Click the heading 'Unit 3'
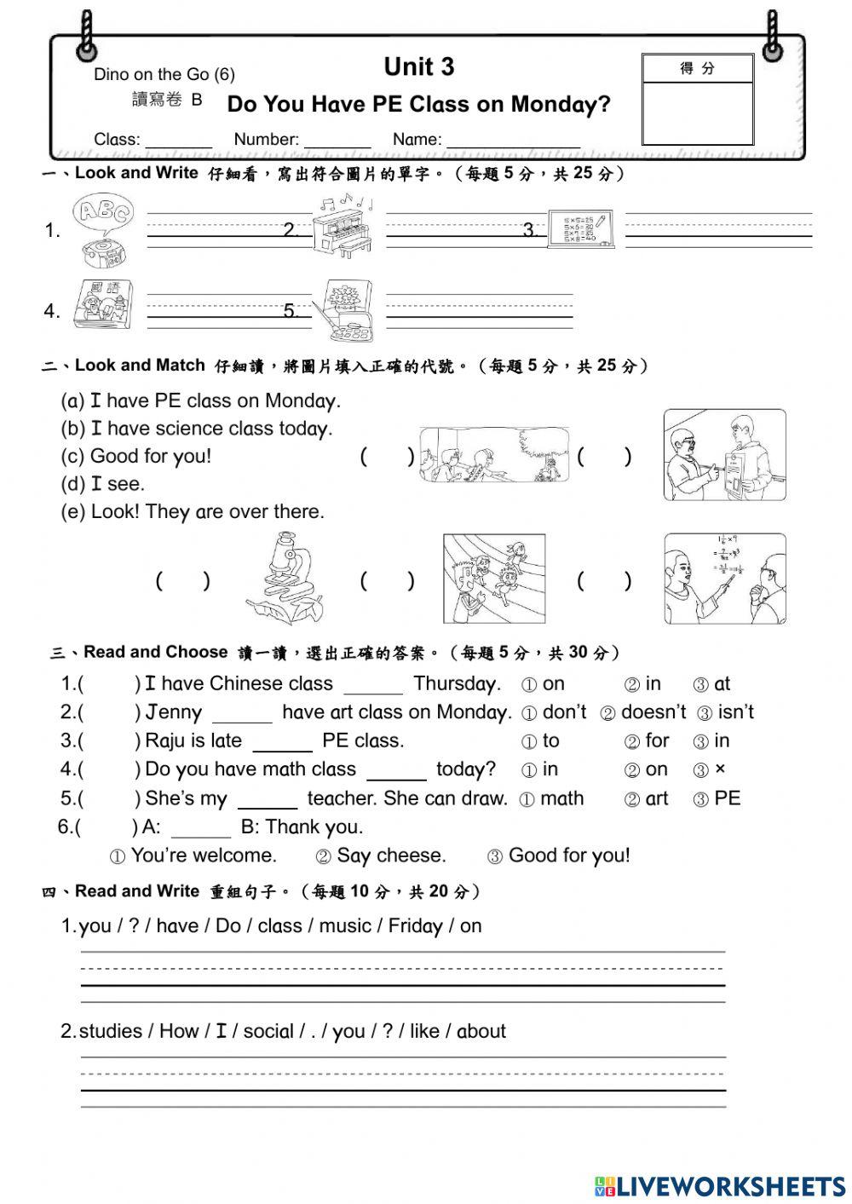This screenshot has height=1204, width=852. (x=418, y=66)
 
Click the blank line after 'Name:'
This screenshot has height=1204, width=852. (x=512, y=141)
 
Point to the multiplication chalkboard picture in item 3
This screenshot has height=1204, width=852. (x=582, y=228)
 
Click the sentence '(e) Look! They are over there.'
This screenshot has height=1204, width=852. (x=193, y=512)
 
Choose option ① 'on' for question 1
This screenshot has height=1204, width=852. (x=544, y=684)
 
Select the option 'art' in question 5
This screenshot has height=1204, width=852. (x=648, y=799)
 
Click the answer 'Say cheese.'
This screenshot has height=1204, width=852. (x=382, y=855)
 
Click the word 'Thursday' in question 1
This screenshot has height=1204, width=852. (x=456, y=684)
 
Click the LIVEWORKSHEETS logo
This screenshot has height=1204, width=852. (x=720, y=1186)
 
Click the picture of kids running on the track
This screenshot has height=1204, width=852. (x=493, y=579)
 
